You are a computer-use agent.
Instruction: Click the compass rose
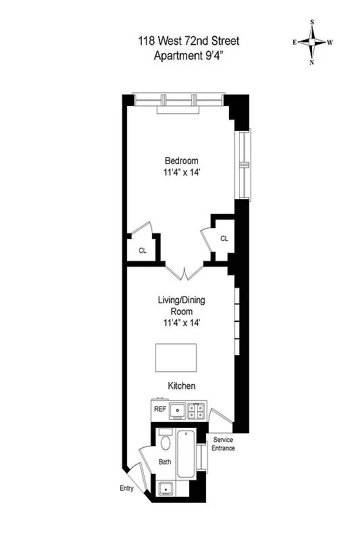(312, 42)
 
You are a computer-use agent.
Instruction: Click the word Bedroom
(182, 161)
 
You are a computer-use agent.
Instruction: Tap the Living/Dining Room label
(182, 306)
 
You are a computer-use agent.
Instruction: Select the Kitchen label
(182, 386)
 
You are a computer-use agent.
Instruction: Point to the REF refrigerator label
(160, 409)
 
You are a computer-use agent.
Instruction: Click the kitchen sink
(178, 409)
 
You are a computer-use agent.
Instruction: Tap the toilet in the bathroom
(165, 443)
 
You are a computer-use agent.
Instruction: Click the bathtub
(185, 456)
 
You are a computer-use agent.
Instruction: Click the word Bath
(165, 462)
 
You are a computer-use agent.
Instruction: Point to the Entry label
(126, 489)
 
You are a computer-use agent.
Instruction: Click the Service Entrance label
(224, 443)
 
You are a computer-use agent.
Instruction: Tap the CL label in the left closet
(143, 250)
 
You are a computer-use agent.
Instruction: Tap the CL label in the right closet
(224, 238)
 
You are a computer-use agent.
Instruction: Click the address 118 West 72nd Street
(187, 42)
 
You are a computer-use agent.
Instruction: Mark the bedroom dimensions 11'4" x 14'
(182, 172)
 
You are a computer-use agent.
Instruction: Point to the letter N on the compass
(312, 63)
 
